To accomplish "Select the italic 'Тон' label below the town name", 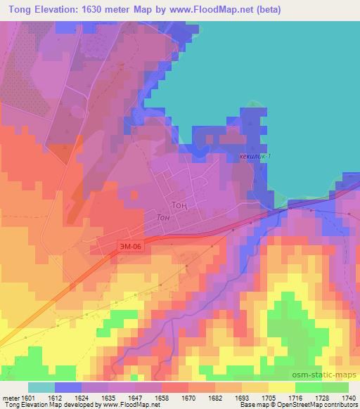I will point(164,218).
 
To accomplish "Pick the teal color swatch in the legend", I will point(41,387).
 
